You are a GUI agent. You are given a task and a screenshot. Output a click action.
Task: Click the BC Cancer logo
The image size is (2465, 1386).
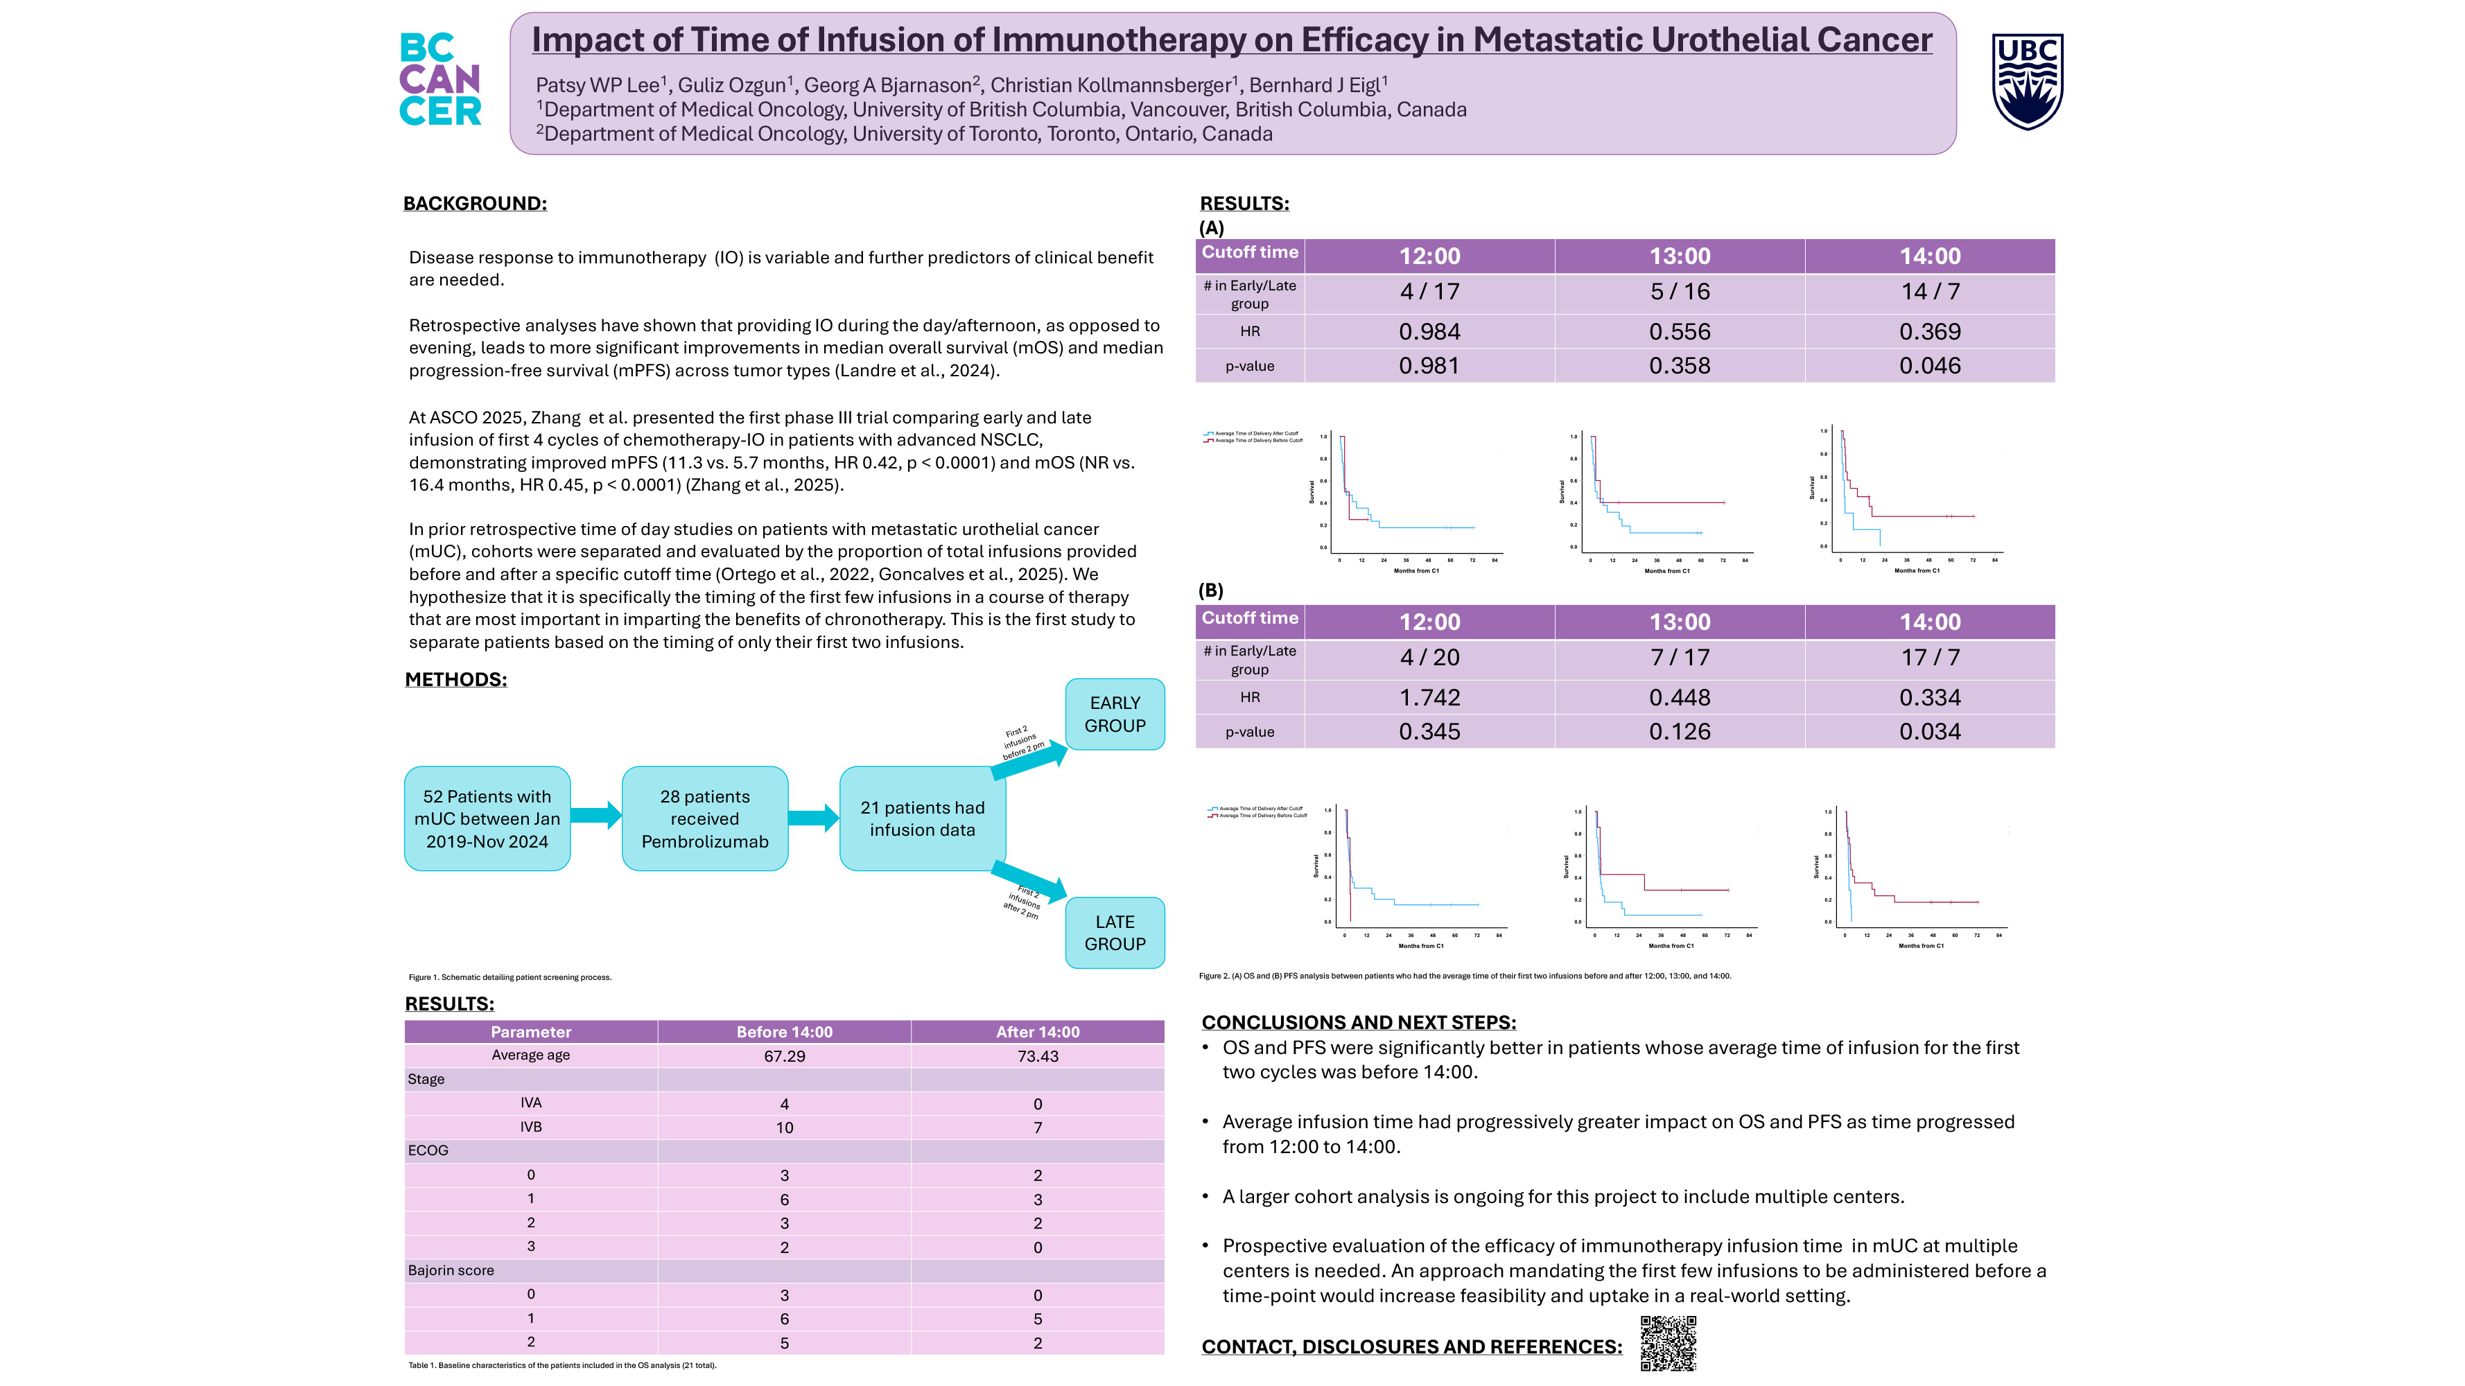439,80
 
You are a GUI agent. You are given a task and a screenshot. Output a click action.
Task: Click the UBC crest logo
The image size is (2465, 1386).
2027,81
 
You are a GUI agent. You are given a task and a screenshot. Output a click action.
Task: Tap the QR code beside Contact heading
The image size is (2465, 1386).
1668,1342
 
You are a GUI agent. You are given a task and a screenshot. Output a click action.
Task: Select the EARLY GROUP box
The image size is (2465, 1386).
1115,714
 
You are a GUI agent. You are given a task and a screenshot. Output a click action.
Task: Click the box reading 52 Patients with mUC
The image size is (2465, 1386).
487,819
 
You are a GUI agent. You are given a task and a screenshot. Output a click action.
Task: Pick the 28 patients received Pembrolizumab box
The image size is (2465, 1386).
704,819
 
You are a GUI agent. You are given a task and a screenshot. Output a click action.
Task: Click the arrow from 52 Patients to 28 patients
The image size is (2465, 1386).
596,816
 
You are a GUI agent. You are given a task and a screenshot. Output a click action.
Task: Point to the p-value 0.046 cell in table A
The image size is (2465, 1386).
1929,365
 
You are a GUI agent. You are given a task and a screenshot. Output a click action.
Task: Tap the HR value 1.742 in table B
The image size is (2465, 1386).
1429,697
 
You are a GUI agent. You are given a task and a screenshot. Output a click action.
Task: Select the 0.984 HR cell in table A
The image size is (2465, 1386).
1429,332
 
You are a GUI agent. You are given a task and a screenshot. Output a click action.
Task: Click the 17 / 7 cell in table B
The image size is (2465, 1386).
1929,657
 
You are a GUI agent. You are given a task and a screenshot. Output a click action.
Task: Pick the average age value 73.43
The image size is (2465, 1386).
1037,1056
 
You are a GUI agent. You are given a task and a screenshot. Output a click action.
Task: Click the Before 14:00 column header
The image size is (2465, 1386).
784,1032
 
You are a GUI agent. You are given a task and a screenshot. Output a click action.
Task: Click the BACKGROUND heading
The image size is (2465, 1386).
475,204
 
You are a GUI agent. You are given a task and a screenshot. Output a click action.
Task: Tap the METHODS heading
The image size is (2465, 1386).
455,679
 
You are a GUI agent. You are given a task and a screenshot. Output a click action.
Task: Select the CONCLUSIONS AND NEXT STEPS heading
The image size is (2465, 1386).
1358,1023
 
